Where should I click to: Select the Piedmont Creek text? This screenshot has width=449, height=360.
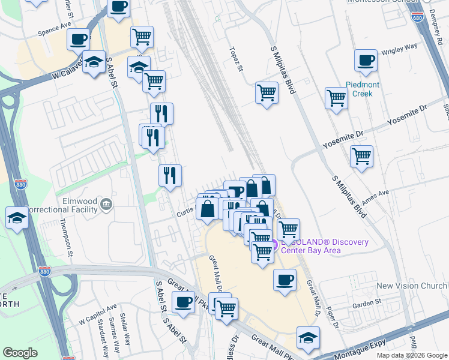(x=363, y=89)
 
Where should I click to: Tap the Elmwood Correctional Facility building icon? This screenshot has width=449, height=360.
(x=107, y=204)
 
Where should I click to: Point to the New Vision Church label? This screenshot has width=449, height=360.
(x=412, y=286)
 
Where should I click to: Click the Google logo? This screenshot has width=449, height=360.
(x=20, y=353)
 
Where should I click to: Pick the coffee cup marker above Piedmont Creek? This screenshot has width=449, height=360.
(x=366, y=61)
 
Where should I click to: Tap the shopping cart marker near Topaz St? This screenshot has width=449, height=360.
(x=267, y=93)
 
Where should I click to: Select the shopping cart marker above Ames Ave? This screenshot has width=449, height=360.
(x=361, y=157)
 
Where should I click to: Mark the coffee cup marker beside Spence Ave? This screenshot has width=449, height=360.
(x=78, y=40)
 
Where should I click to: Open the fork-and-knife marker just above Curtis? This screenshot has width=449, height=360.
(x=170, y=175)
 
